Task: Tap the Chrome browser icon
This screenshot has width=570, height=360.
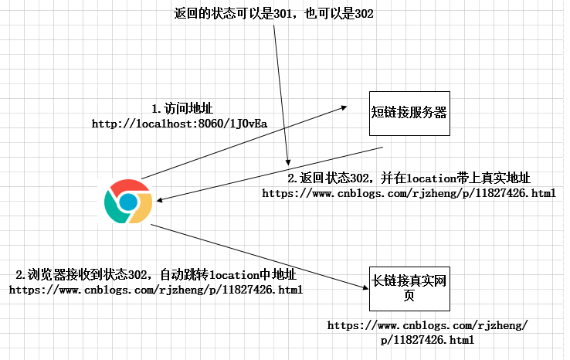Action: point(128,202)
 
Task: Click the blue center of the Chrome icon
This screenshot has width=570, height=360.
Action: point(128,202)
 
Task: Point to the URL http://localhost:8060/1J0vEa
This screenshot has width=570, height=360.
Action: point(179,124)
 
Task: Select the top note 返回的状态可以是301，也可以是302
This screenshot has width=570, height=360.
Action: point(274,14)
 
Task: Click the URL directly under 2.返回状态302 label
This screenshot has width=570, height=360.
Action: point(409,193)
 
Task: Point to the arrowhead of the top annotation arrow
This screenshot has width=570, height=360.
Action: point(287,163)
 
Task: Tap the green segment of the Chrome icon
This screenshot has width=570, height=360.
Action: point(115,209)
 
